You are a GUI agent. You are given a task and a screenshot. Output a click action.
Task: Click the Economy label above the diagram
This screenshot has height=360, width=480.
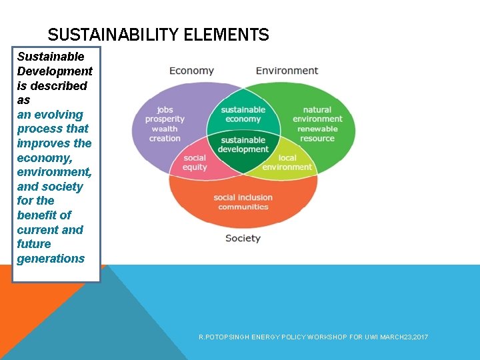point(191,71)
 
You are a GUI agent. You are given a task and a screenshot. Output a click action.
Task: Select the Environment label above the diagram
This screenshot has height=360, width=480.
point(287,71)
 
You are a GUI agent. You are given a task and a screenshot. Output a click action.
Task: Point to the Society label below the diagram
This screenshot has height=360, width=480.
point(243,238)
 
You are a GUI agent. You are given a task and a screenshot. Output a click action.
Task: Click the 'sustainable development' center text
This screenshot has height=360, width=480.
point(243,145)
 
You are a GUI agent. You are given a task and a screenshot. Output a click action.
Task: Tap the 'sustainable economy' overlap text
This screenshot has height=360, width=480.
point(243,115)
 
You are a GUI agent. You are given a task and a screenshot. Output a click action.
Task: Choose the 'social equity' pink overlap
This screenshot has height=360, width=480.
point(195,163)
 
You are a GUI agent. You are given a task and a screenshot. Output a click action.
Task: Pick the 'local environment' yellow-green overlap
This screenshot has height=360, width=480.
point(287,163)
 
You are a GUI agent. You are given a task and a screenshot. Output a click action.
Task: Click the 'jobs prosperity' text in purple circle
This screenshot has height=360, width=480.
point(165,115)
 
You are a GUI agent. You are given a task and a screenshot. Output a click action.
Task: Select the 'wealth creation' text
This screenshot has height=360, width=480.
point(165,133)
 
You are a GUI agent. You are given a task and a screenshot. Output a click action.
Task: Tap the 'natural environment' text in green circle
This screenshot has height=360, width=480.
point(317,115)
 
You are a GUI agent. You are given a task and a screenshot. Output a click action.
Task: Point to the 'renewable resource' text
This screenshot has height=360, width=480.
point(317,133)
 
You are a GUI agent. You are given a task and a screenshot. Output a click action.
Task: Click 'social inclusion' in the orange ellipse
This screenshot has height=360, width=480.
point(243,197)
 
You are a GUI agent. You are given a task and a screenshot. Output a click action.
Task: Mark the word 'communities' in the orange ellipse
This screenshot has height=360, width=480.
point(243,207)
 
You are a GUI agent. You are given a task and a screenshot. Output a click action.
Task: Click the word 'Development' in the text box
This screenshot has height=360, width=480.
point(55,71)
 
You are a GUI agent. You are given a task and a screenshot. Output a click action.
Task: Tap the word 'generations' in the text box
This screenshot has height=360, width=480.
point(51,259)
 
